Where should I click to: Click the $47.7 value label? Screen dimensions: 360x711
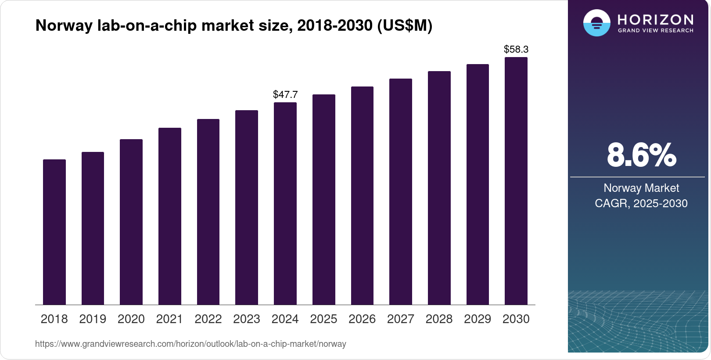coord(285,94)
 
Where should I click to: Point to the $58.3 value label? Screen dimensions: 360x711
coord(516,49)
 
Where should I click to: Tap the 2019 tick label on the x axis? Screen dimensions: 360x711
coord(93,319)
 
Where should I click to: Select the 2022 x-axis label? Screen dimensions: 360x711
coord(208,319)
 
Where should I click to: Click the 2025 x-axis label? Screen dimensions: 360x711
coord(323,319)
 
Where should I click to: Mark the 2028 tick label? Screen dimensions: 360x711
coord(439,319)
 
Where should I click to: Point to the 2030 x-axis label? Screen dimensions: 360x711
coord(516,319)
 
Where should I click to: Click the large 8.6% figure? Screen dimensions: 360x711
coord(641,155)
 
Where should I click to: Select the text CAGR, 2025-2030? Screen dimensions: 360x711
coord(641,203)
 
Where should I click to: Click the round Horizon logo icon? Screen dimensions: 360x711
coord(596,23)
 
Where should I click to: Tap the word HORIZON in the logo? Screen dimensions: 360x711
coord(656,20)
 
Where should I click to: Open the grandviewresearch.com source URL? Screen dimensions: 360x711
coord(190,344)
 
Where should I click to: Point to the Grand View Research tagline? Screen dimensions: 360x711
coord(656,31)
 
